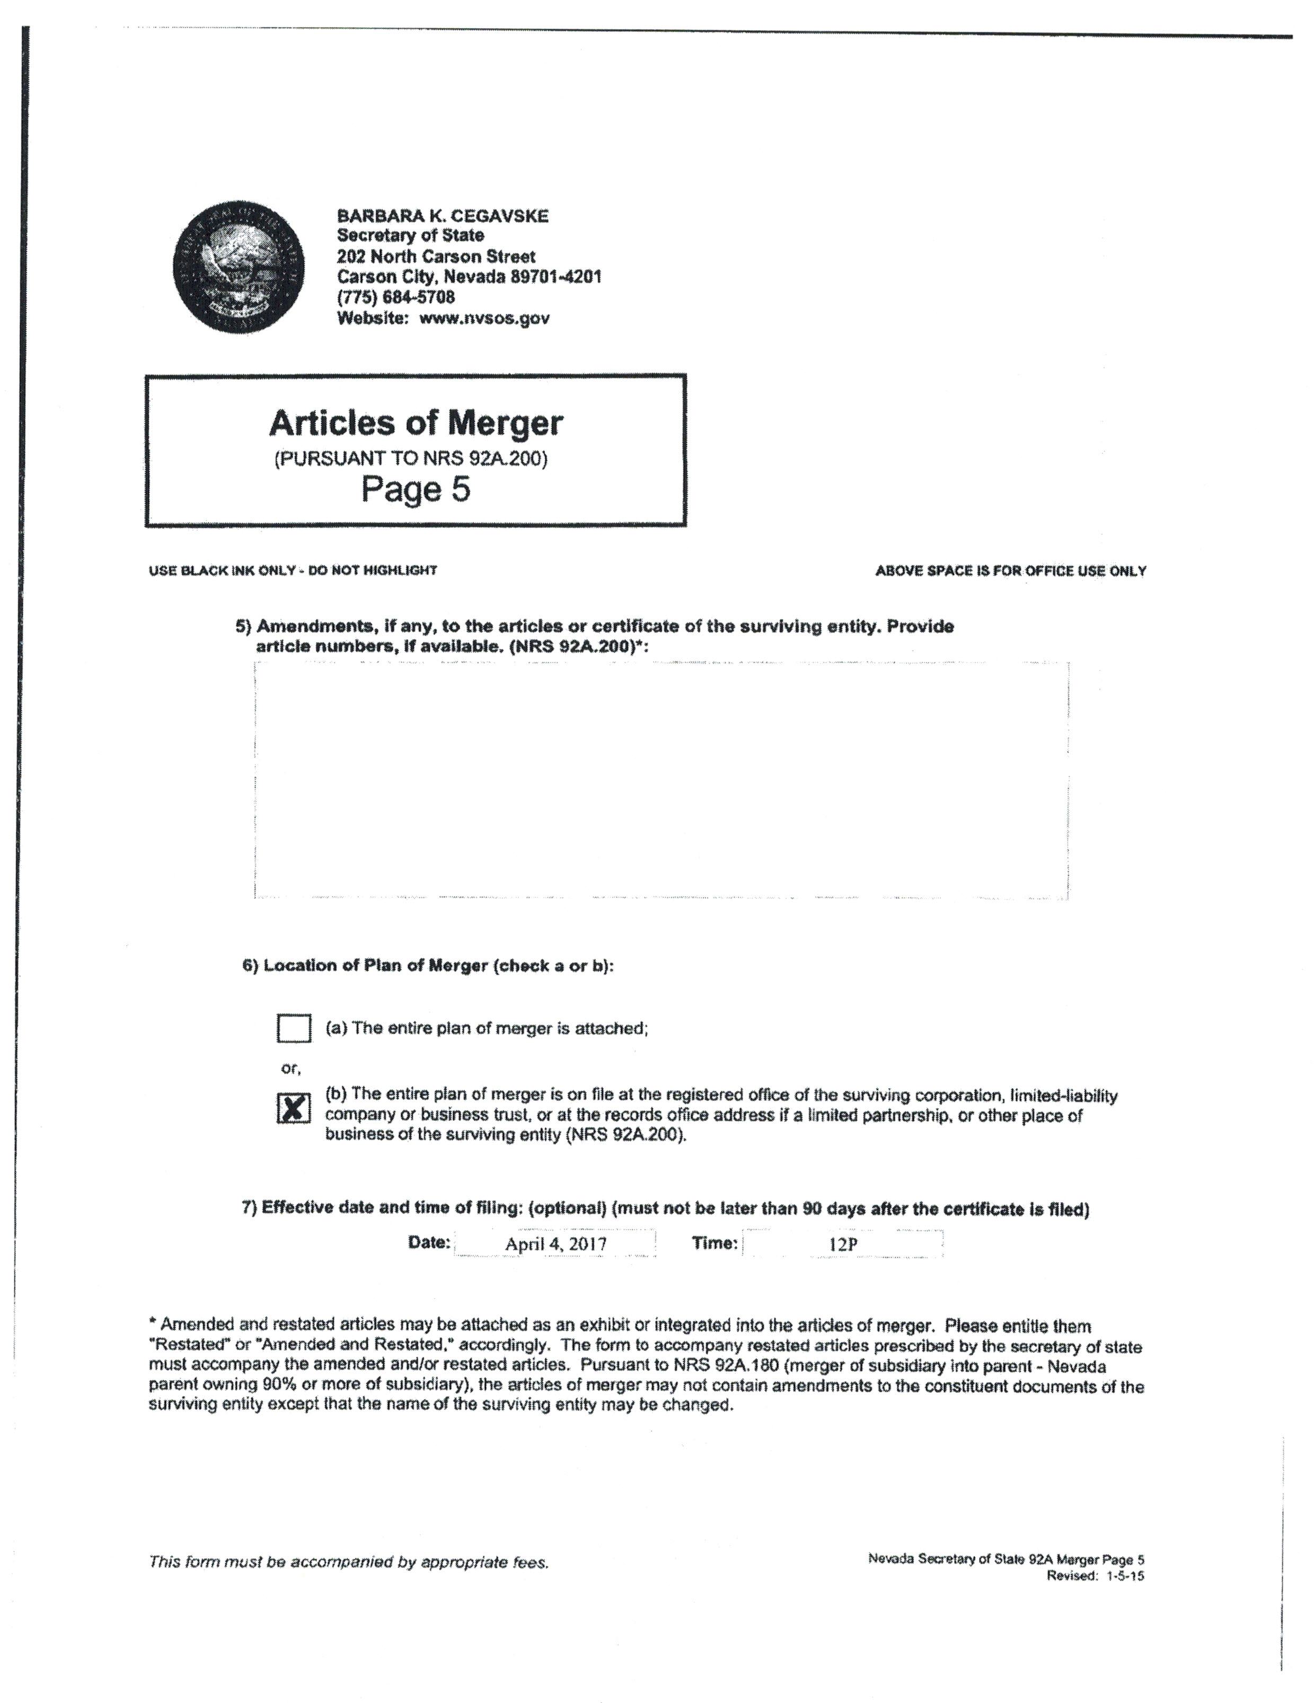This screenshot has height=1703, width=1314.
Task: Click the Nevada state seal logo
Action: coord(239,266)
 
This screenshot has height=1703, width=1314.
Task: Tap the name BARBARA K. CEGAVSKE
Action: coord(442,216)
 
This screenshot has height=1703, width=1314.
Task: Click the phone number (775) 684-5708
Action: coord(395,297)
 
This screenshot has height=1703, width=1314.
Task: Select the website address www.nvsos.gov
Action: coord(484,318)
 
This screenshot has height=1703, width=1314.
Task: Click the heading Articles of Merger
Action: coord(416,422)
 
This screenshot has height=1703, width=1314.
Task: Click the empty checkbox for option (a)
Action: coord(293,1028)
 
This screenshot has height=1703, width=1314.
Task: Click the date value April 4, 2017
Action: coord(555,1243)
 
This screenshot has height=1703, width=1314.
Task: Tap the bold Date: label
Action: coord(429,1242)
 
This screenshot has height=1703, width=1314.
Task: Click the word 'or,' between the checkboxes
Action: coord(290,1067)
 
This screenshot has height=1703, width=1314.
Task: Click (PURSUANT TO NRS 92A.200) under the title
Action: coord(410,458)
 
